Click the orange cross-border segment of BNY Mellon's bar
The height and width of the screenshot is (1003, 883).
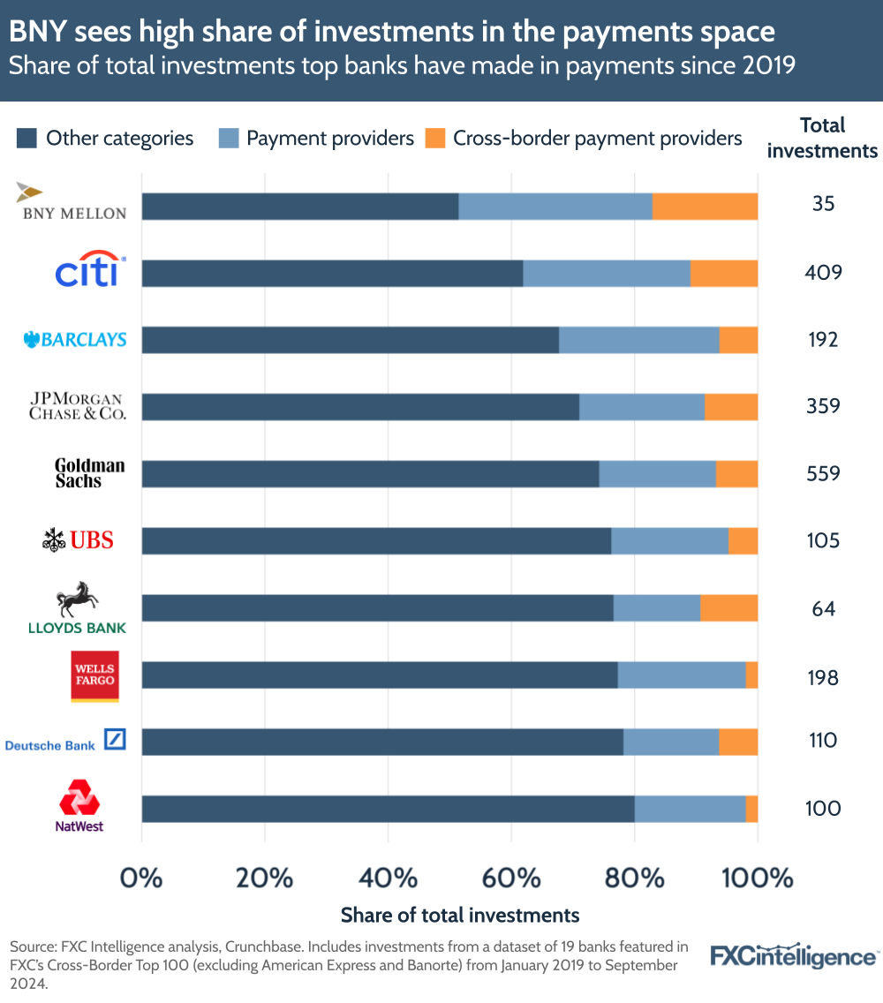tap(705, 206)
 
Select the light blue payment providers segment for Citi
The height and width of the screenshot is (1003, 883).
tap(606, 274)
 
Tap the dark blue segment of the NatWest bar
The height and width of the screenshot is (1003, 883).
tap(388, 809)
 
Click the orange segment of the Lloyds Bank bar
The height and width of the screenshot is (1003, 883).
tap(728, 608)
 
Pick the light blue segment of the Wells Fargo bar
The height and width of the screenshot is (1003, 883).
tap(681, 675)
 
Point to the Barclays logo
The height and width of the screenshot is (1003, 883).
tap(75, 339)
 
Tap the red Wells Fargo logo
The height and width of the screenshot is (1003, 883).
tap(94, 677)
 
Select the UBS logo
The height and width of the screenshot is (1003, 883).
tap(79, 539)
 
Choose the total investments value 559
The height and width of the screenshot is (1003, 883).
tap(822, 473)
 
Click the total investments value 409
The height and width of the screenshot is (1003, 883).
tap(822, 273)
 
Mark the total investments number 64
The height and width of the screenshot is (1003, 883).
tap(822, 609)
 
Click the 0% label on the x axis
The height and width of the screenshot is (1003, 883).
tap(141, 879)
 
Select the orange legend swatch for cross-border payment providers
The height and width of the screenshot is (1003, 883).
tap(435, 139)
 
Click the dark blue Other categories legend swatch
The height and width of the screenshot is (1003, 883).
tap(26, 139)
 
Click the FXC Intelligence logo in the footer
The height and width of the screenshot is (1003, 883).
tap(794, 956)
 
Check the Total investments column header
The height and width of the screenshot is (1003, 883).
tap(822, 138)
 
